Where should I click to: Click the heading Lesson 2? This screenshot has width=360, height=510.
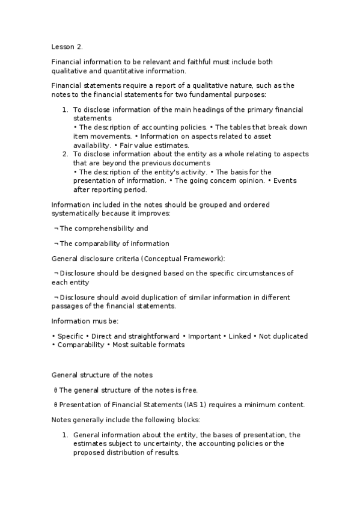pyautogui.click(x=67, y=47)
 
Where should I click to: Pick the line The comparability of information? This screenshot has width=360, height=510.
pyautogui.click(x=114, y=244)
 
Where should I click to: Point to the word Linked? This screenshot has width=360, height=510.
pyautogui.click(x=239, y=336)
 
